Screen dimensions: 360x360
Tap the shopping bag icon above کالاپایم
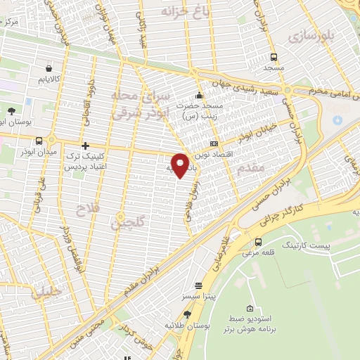[48, 69]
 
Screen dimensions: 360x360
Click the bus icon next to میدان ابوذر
[39, 141]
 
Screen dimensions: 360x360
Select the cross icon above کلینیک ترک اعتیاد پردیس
[85, 146]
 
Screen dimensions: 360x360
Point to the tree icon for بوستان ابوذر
[11, 110]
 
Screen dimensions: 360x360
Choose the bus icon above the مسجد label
[273, 58]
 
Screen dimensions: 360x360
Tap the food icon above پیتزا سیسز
[199, 285]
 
